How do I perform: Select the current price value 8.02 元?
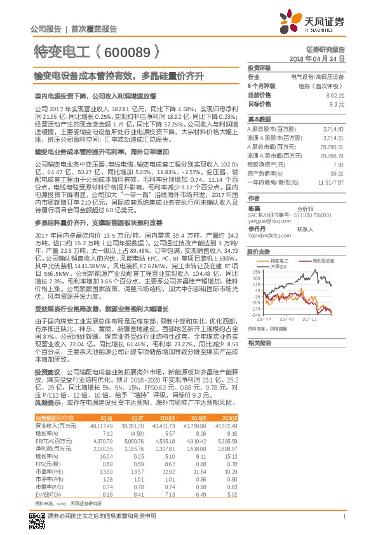[336, 94]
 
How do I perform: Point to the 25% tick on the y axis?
[256, 271]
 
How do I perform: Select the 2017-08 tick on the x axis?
[292, 320]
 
